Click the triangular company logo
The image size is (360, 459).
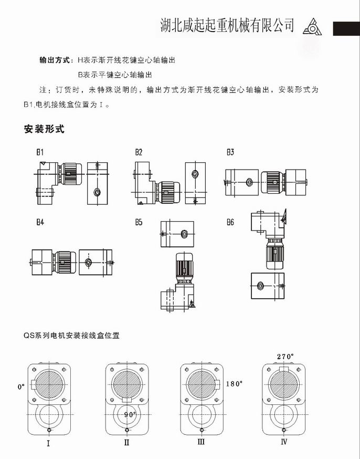[314, 27]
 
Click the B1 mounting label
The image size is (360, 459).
[39, 152]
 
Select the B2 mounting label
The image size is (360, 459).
[139, 152]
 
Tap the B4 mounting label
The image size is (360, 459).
[39, 222]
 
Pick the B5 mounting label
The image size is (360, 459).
[139, 222]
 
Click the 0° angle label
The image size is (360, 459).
[21, 387]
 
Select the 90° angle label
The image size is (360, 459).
[130, 414]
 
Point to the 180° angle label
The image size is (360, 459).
[235, 383]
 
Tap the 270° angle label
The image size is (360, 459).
[285, 356]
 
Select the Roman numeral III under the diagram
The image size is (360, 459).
[201, 442]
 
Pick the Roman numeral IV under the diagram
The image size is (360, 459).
[284, 442]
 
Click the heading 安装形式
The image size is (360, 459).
[44, 129]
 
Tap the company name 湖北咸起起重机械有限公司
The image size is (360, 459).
[227, 25]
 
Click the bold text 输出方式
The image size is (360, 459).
[55, 60]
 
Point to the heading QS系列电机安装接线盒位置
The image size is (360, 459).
[72, 335]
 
